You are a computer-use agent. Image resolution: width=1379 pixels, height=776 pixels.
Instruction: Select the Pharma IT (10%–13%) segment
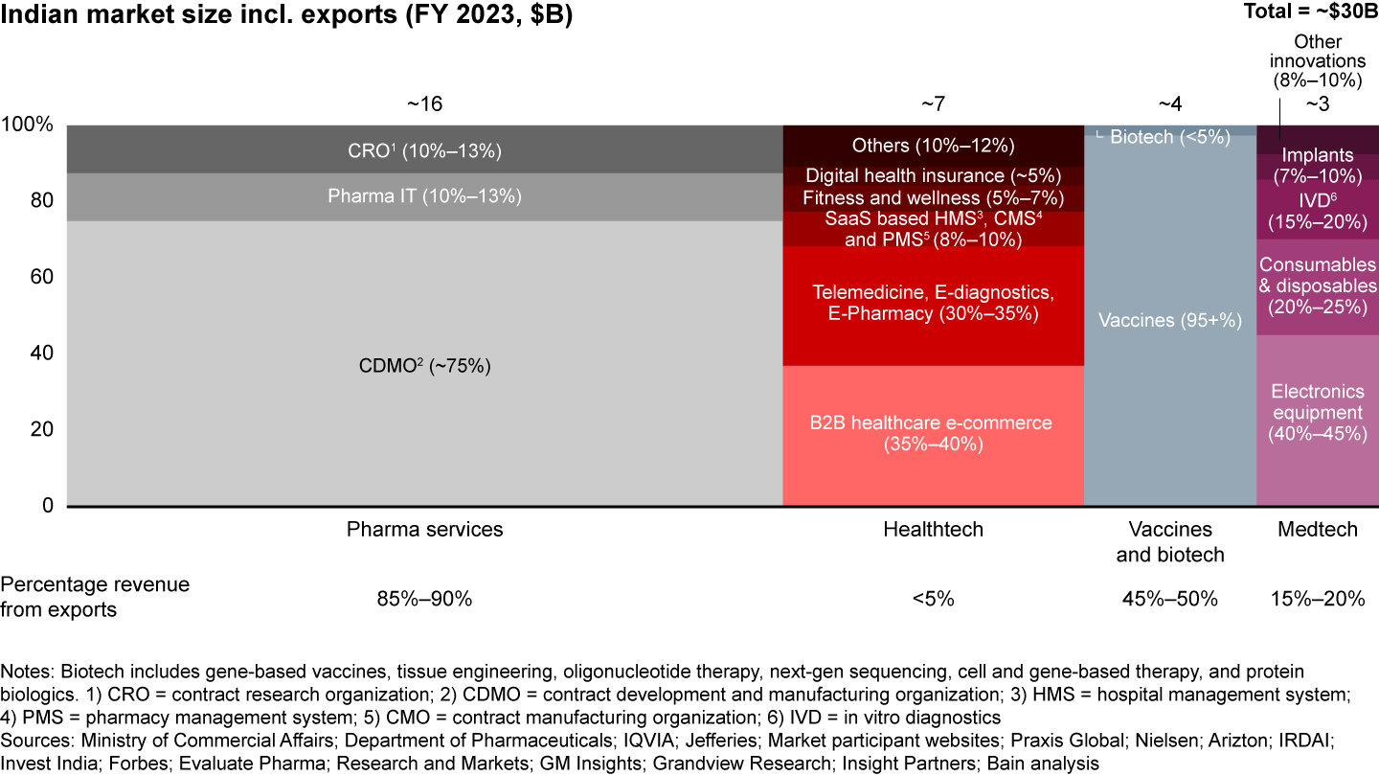point(424,196)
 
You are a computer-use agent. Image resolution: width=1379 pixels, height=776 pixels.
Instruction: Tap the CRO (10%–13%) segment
point(424,149)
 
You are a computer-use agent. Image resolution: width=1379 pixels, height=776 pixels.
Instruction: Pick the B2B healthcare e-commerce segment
point(933,434)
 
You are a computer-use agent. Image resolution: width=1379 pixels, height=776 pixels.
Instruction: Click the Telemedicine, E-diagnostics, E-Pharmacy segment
point(933,303)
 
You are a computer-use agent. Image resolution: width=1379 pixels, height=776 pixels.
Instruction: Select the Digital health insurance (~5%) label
point(933,176)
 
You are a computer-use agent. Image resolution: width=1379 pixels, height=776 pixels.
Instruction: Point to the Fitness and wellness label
point(933,198)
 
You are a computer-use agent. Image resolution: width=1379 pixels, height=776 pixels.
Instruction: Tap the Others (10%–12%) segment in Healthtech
point(933,146)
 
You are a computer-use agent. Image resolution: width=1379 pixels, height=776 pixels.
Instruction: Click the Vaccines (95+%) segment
point(1168,320)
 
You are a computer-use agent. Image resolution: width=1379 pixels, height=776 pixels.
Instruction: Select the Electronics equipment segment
point(1317,413)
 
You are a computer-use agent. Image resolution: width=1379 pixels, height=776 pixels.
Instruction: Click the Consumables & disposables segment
point(1317,285)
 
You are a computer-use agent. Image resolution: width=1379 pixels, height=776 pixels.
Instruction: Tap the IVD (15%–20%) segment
point(1317,211)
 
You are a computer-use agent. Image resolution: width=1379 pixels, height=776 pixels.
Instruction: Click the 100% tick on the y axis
point(29,126)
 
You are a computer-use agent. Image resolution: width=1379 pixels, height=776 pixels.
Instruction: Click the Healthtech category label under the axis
point(933,530)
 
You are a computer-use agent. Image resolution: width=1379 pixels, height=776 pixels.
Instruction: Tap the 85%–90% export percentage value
point(424,599)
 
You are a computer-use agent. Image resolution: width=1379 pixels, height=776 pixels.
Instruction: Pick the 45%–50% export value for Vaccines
point(1169,599)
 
